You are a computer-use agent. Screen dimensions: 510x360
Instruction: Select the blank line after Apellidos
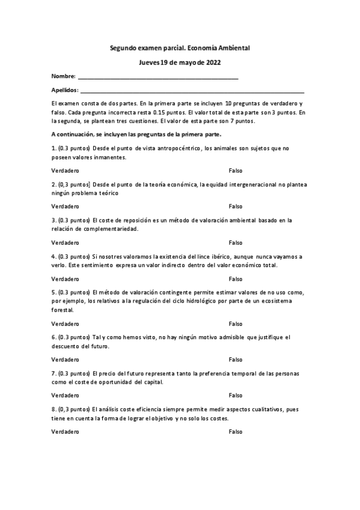192,91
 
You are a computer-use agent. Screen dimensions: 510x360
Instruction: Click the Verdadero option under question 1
65,171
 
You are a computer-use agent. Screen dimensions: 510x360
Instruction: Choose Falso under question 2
235,206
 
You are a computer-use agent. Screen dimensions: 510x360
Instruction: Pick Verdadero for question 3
65,242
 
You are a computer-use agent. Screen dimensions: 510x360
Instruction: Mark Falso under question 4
235,278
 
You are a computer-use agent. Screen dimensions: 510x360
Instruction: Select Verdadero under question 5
65,324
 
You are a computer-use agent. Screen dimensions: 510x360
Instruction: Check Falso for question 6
235,360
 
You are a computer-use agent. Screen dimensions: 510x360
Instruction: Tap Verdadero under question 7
65,395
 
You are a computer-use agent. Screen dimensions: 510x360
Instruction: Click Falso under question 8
235,431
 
